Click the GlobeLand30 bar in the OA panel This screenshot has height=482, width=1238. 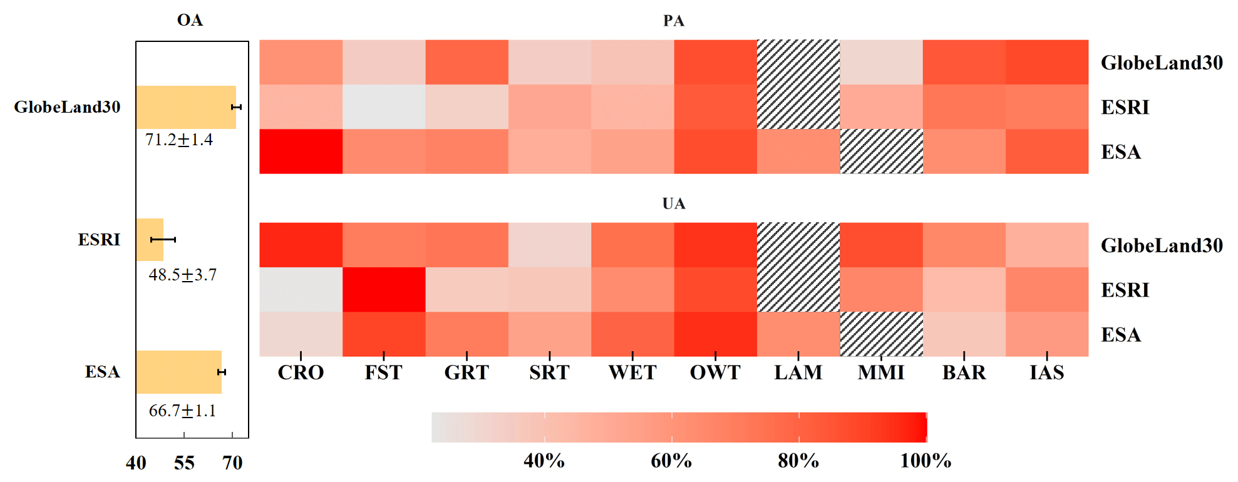click(x=186, y=107)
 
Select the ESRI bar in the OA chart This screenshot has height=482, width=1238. click(x=150, y=240)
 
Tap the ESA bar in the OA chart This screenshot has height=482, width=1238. click(x=178, y=372)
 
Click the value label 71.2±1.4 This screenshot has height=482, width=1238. click(x=179, y=140)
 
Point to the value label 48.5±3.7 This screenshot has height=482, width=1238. click(x=182, y=275)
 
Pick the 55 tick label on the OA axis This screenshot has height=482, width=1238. click(x=184, y=463)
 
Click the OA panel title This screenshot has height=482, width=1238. click(x=190, y=20)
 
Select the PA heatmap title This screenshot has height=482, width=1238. click(x=674, y=21)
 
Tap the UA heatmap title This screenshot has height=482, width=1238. click(x=674, y=203)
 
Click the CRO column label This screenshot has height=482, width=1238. click(x=301, y=373)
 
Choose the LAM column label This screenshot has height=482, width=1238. click(x=798, y=373)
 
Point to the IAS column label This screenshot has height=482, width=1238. click(x=1046, y=373)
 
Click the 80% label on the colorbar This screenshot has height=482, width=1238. click(x=798, y=461)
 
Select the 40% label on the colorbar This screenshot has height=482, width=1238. click(x=544, y=461)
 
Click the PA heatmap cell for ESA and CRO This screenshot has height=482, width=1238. click(x=301, y=151)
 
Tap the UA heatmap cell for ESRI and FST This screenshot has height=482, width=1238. click(x=384, y=290)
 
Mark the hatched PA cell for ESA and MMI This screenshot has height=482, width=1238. click(x=881, y=151)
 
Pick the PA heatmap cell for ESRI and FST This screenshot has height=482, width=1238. click(x=384, y=107)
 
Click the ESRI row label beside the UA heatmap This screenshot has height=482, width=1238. click(x=1125, y=290)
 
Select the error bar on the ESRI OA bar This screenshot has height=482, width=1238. click(x=163, y=240)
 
